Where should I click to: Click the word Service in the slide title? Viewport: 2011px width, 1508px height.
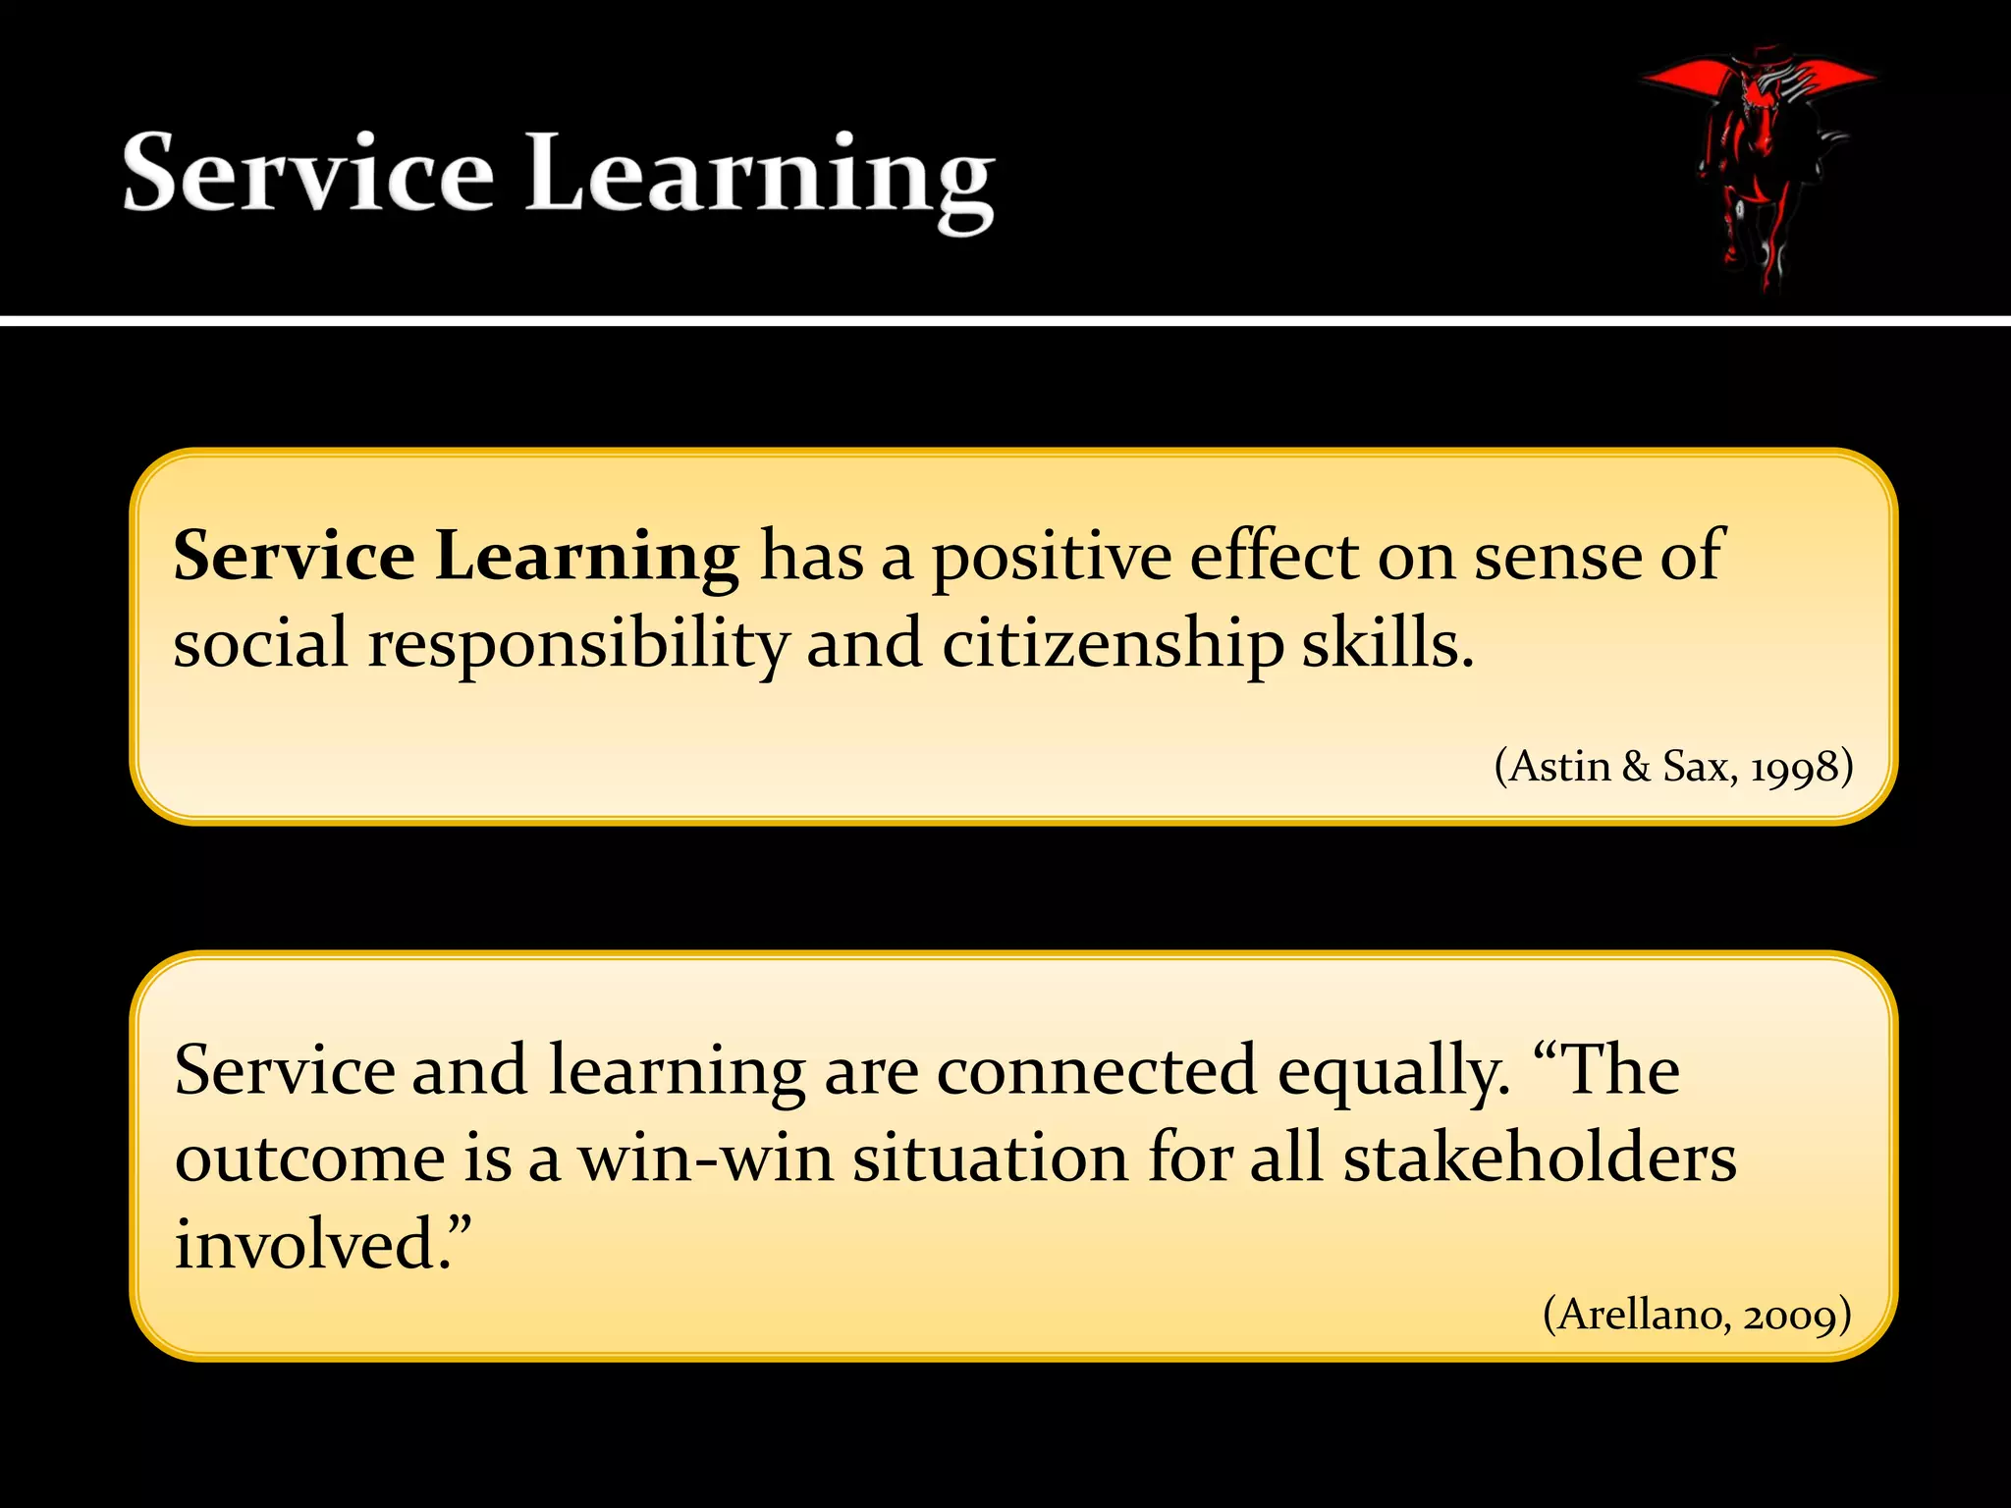(x=307, y=174)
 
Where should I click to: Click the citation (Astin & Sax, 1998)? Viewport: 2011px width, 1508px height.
(x=1673, y=767)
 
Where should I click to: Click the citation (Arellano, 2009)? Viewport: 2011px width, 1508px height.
(x=1697, y=1314)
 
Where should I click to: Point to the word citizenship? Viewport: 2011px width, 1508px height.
(x=1113, y=645)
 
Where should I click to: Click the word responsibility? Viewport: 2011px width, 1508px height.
(x=578, y=645)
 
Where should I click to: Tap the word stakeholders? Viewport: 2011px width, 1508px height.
(x=1539, y=1158)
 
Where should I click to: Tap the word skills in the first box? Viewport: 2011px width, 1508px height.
(x=1386, y=645)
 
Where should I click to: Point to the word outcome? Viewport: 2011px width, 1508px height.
(x=309, y=1158)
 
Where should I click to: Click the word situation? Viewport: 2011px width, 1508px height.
(x=990, y=1158)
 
